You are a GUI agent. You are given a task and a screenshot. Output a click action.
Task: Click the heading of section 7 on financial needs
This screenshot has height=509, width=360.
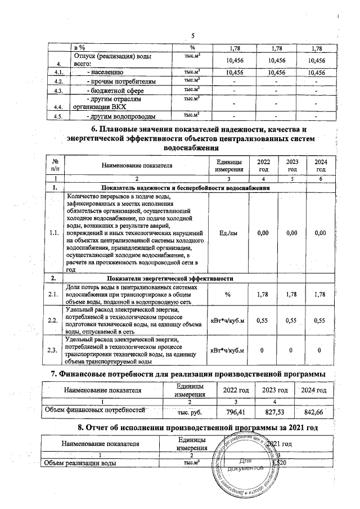[188, 374]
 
